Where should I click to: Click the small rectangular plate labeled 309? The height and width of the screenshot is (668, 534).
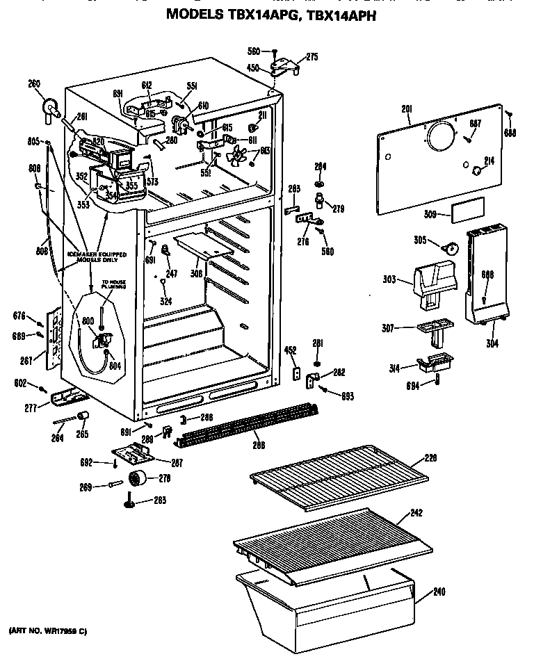click(466, 213)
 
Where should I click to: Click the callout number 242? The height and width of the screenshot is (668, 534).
click(416, 513)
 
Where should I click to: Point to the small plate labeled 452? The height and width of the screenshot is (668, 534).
click(294, 374)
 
